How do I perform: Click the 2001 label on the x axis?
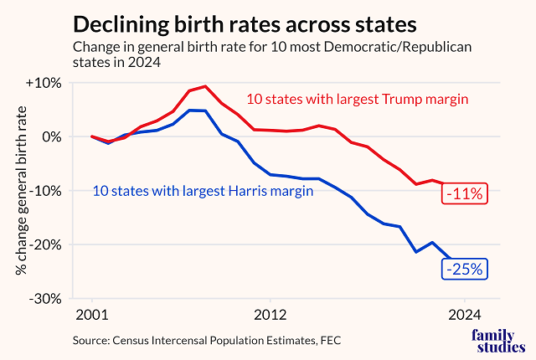tap(92, 315)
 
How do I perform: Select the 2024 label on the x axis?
tap(465, 315)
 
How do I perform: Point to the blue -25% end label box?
tap(465, 270)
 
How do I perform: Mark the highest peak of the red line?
tap(206, 86)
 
